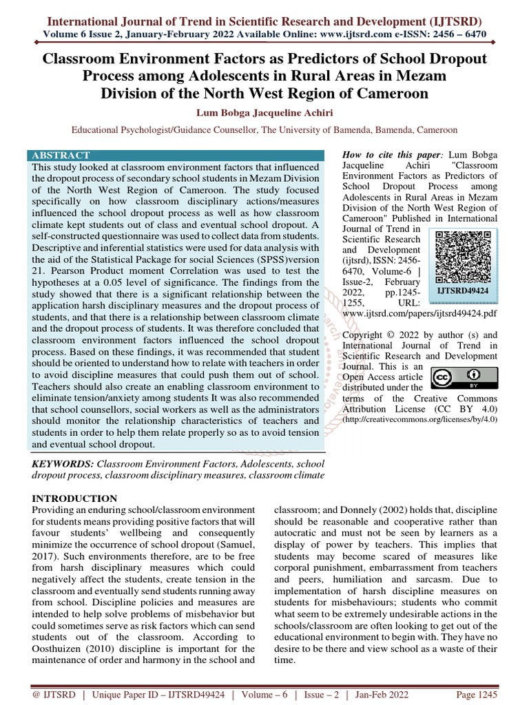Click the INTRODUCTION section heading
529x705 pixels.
[x=75, y=498]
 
